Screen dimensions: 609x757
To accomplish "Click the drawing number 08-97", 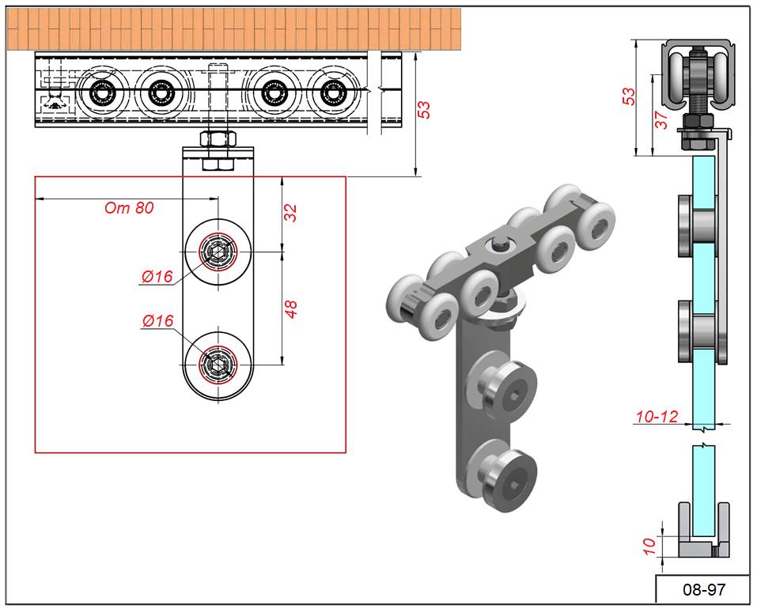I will [x=703, y=589].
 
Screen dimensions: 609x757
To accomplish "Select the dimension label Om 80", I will [x=129, y=209].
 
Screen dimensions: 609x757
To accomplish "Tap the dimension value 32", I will [x=291, y=213].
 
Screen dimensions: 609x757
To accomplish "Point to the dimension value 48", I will [x=291, y=308].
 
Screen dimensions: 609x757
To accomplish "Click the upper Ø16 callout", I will [x=157, y=276].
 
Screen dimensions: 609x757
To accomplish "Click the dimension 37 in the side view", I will [x=663, y=119].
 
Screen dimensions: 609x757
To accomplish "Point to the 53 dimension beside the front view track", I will [x=424, y=110].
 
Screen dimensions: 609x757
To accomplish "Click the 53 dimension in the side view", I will [x=629, y=96].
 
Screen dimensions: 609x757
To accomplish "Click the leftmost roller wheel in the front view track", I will [x=103, y=93].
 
